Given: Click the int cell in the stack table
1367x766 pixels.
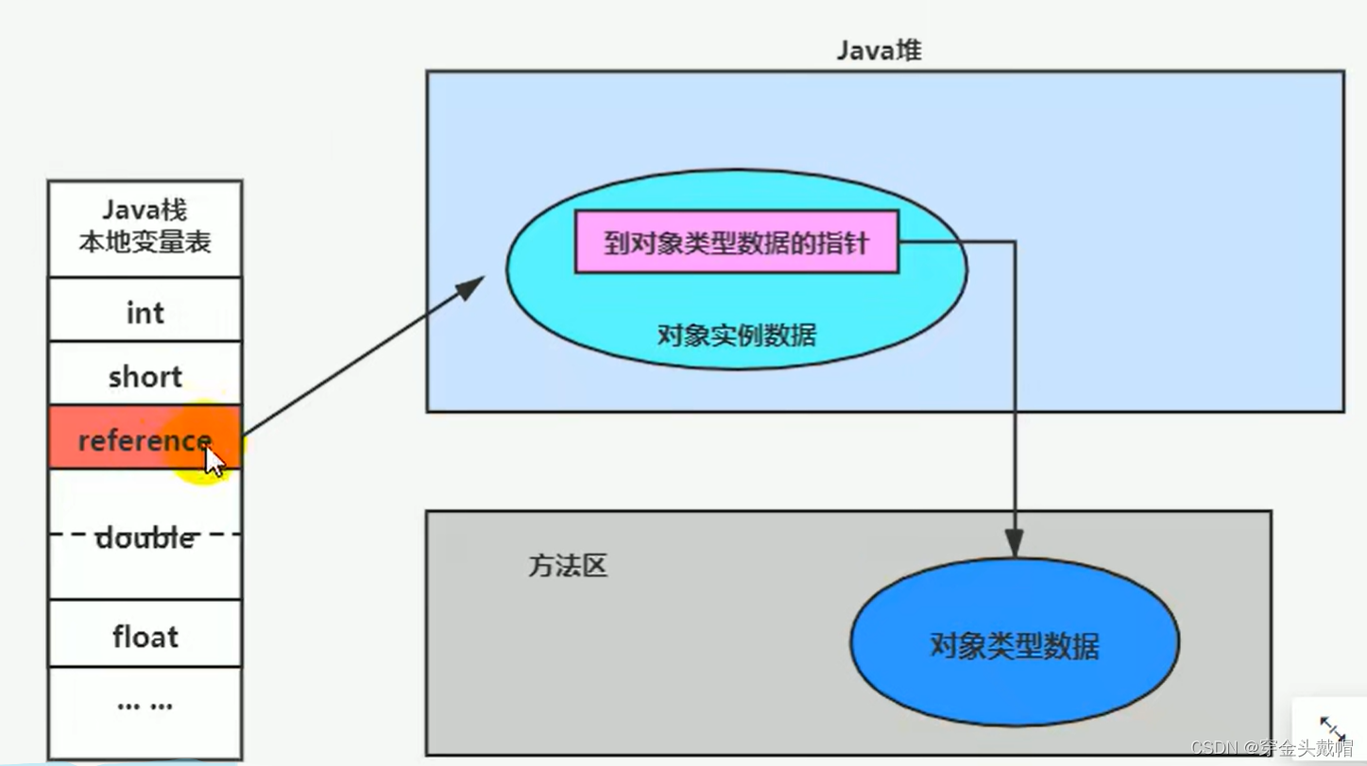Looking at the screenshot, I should [x=145, y=312].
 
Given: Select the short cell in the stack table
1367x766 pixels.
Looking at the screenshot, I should [x=145, y=376].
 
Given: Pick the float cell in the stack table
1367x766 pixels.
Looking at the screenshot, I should [x=145, y=637].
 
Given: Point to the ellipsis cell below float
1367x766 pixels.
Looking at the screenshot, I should [x=145, y=705].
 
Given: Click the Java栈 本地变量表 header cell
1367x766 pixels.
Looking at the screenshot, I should [x=145, y=227].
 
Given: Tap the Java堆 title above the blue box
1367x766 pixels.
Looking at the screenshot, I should [x=879, y=51].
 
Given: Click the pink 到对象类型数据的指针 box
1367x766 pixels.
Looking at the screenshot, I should [x=736, y=244].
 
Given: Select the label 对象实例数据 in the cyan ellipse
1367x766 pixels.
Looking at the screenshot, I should [x=736, y=334].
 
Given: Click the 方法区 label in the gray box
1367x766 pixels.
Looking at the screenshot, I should [x=567, y=566].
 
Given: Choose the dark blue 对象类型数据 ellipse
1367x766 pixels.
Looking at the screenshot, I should [x=1015, y=646].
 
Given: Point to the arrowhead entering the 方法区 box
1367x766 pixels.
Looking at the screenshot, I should [x=1014, y=545].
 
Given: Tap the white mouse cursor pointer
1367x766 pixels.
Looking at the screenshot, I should [x=214, y=461].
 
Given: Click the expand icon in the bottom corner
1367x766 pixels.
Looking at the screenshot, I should [x=1332, y=728].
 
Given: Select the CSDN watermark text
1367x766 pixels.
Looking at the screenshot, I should [x=1272, y=748].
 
